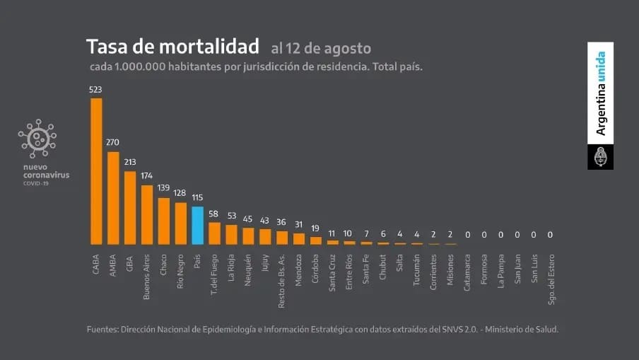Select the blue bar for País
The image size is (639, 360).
[198, 226]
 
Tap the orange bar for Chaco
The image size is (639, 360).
[164, 221]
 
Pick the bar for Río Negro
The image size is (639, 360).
[181, 223]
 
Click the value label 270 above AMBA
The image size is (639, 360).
[113, 142]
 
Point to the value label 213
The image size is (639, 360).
[130, 162]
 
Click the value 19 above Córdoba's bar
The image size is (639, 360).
[316, 228]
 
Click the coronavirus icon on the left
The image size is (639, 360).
[38, 138]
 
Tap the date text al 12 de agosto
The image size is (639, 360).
[320, 49]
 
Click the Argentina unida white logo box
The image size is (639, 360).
[600, 93]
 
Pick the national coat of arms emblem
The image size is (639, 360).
[600, 157]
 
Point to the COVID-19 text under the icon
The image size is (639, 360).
[35, 182]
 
